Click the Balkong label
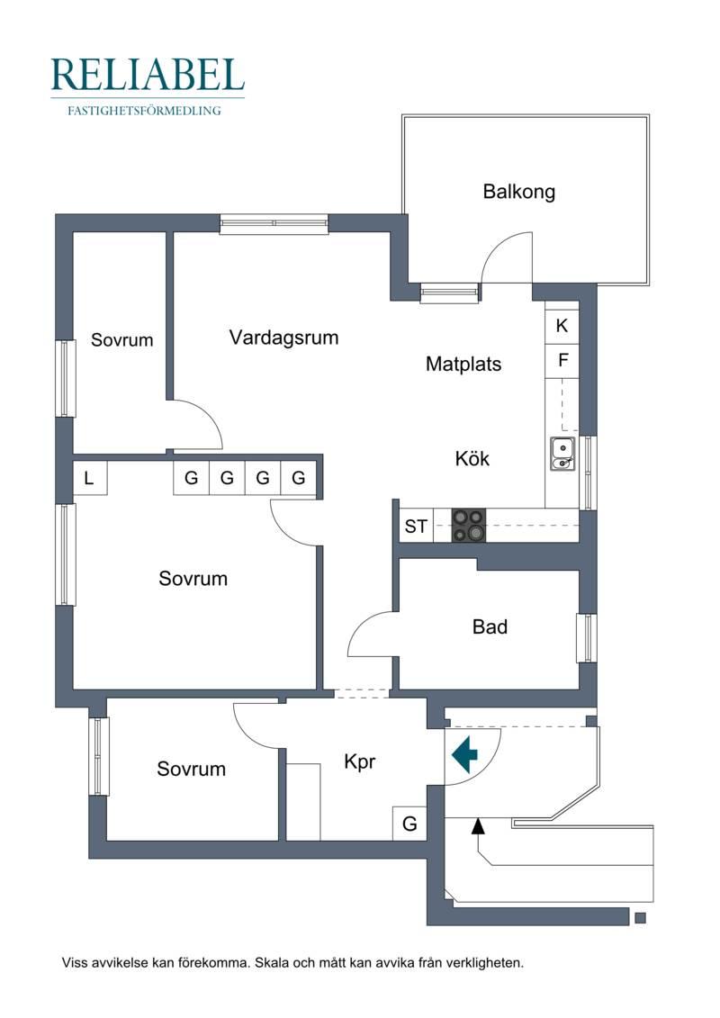[x=518, y=193]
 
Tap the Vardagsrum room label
[x=283, y=338]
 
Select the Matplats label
[x=463, y=364]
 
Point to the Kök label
[x=472, y=458]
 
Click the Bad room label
[x=490, y=626]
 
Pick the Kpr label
[x=360, y=761]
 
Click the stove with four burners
[x=468, y=526]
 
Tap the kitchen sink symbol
[x=562, y=454]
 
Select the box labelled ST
[x=416, y=526]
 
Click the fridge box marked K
[x=562, y=326]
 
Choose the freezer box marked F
[x=562, y=360]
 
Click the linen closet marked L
[x=90, y=479]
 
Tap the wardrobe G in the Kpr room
[x=409, y=824]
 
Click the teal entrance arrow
[x=465, y=753]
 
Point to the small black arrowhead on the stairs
[x=478, y=825]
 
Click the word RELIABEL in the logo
[x=148, y=75]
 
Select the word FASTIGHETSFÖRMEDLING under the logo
[x=144, y=111]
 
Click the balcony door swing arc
[x=507, y=257]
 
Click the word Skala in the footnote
[x=272, y=963]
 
